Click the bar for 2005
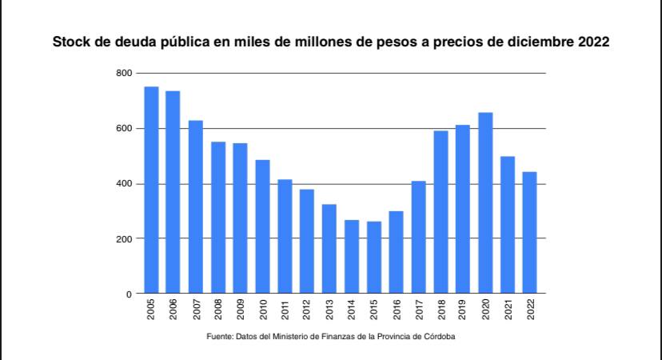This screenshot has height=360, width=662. click(x=151, y=190)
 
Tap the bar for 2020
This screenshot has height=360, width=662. click(x=485, y=203)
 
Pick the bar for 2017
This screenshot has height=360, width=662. click(x=418, y=238)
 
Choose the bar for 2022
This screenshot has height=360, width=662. click(x=530, y=233)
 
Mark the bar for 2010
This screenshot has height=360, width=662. click(x=262, y=227)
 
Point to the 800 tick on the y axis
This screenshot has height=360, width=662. click(x=123, y=74)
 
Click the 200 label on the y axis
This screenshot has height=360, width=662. click(x=123, y=239)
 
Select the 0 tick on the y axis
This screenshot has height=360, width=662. click(x=128, y=294)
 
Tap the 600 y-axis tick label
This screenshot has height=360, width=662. click(x=123, y=129)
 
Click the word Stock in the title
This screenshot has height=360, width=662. click(x=70, y=41)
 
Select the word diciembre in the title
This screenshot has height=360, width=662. click(x=537, y=41)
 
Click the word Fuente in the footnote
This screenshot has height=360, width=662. click(x=220, y=337)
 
